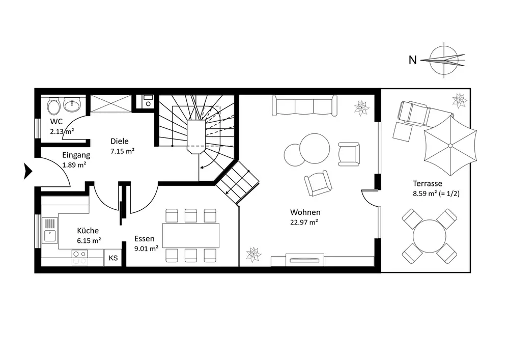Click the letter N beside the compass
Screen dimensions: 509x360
pos(413,60)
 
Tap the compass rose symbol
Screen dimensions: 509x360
pos(446,60)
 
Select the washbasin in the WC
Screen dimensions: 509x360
pos(73,105)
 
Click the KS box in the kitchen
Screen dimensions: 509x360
pos(113,258)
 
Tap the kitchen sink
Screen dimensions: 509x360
pos(50,230)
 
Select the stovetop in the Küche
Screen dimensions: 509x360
pos(80,257)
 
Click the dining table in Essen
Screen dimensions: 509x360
pos(190,236)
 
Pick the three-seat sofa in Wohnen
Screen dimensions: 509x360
pos(304,106)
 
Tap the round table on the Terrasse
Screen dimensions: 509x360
pos(429,236)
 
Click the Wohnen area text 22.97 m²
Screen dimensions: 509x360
pos(305,221)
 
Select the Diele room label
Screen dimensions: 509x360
pos(120,142)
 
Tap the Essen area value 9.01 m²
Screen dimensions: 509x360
pos(146,248)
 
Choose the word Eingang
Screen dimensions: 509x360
pos(76,155)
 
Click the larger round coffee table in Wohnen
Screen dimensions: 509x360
pos(314,148)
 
